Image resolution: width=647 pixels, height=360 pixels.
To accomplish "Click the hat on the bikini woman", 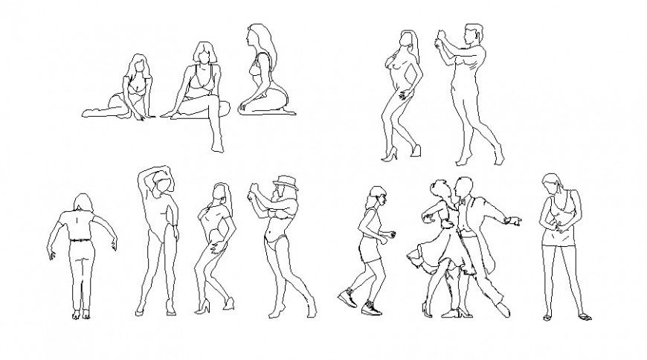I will [x=284, y=182].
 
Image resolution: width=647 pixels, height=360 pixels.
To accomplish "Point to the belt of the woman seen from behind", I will [x=79, y=239].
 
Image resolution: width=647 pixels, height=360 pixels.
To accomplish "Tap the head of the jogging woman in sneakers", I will [x=376, y=196].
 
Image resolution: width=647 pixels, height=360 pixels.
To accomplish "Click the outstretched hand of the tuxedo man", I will [x=515, y=221].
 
